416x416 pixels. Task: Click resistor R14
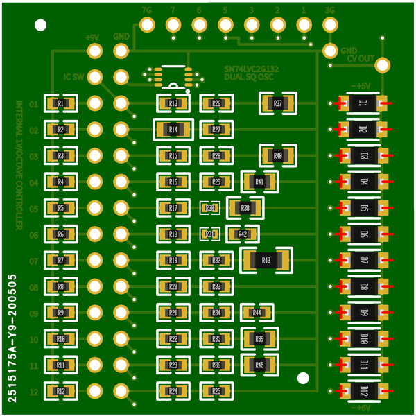pos(173,130)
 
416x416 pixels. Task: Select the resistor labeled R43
pos(267,260)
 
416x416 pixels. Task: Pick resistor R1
pos(61,104)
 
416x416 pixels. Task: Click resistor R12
pos(61,391)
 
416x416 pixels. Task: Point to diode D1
pos(363,104)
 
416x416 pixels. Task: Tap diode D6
pos(363,234)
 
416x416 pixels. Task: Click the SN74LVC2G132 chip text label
pos(252,69)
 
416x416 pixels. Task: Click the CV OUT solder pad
pos(380,64)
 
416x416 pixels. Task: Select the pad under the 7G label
pos(147,25)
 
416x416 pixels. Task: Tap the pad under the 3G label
pos(329,25)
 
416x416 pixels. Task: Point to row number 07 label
pos(34,261)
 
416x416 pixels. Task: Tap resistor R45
pos(260,365)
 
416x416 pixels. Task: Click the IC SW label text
pos(73,77)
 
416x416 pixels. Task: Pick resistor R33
pos(216,286)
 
